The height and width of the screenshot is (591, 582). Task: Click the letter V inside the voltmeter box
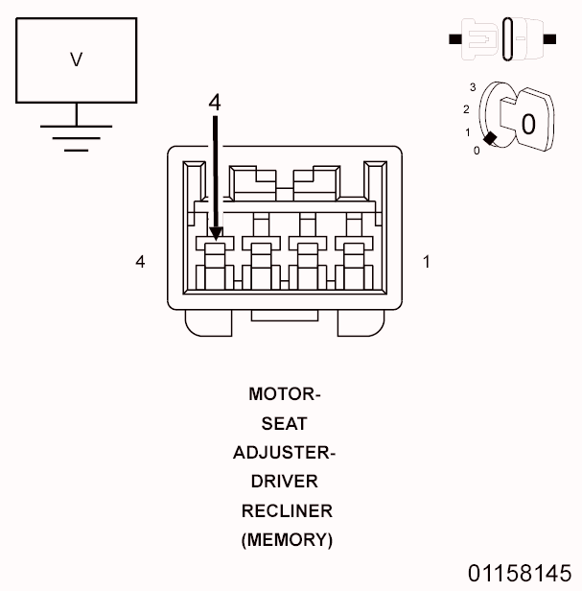pos(77,59)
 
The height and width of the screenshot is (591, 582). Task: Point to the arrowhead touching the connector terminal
pos(216,234)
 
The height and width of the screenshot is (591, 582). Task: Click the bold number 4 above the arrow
pos(215,102)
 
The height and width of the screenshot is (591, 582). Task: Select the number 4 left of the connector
pos(140,262)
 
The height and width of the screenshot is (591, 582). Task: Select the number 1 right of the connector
pos(427,262)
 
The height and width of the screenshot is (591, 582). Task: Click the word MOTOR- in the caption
pos(285,394)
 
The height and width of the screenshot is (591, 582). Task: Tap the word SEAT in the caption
pos(285,424)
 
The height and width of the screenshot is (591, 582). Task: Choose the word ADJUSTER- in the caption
pos(285,453)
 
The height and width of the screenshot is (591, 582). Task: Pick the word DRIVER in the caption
pos(285,482)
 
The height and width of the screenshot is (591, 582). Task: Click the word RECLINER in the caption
pos(287,511)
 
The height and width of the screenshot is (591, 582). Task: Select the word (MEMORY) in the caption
pos(287,540)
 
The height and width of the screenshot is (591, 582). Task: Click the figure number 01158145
pos(520,574)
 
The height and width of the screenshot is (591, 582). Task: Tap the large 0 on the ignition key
pos(528,124)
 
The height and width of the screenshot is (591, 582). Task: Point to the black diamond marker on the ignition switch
pos(490,138)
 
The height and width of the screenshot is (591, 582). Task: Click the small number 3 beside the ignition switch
pos(473,87)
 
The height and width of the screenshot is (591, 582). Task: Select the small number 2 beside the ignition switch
pos(466,109)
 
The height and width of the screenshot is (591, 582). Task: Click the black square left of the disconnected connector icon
pos(455,38)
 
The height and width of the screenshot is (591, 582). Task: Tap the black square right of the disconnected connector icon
pos(549,38)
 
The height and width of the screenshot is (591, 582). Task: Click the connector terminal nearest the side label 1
pos(354,264)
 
